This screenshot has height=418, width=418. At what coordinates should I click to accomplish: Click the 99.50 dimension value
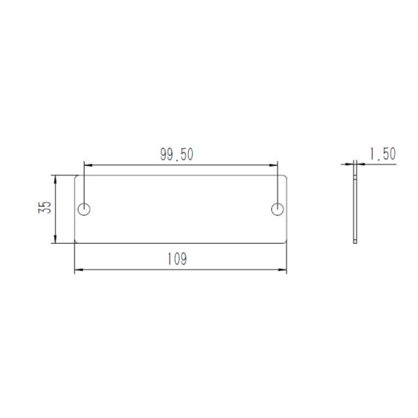coord(177,155)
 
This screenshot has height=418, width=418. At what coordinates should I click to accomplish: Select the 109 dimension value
coord(177,259)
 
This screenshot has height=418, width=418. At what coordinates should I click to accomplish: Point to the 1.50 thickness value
coord(382,154)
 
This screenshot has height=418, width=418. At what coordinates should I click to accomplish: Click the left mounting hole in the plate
coord(84,208)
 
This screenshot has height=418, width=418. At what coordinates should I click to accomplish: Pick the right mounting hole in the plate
coord(277,208)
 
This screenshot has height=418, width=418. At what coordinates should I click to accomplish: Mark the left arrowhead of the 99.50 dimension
coord(86,165)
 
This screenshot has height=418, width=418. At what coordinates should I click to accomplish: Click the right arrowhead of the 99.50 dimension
coord(275,165)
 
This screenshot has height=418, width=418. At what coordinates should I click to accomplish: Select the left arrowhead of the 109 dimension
coord(77,269)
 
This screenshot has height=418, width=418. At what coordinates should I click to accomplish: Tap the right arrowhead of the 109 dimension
coord(284,269)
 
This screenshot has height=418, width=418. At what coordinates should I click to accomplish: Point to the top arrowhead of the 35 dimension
coord(55,177)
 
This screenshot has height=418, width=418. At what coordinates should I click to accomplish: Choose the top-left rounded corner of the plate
coord(76,176)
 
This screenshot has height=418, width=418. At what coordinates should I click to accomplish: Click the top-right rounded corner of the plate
coord(285,176)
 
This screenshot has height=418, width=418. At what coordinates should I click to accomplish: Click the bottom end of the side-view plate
coord(356,242)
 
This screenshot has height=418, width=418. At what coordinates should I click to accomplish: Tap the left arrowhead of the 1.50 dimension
coord(352,164)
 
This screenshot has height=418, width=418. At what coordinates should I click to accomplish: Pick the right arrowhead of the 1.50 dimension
coord(359,164)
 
